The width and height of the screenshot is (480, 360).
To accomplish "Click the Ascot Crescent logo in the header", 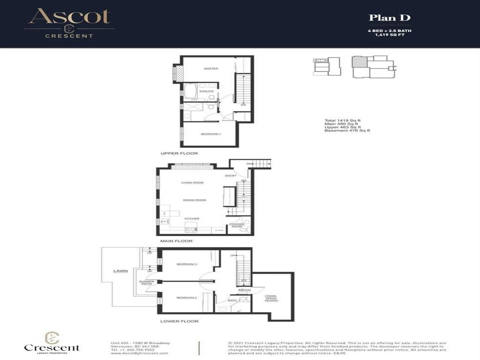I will click(69, 22).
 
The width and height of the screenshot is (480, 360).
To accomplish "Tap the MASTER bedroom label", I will click(211, 69).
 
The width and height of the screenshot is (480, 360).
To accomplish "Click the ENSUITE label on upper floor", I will click(207, 91).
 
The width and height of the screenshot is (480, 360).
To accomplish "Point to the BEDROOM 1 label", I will click(210, 134).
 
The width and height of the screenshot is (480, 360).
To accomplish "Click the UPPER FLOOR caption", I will click(179, 153).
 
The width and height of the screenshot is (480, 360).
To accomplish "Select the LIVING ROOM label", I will click(192, 182).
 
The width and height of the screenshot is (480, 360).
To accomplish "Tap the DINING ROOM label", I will click(195, 200).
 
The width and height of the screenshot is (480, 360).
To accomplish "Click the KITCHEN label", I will click(192, 218).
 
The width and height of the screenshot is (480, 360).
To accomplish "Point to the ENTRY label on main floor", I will click(230, 176).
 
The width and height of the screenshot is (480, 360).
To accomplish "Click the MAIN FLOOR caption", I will click(176, 241).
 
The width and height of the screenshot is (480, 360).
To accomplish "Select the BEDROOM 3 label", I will click(187, 264).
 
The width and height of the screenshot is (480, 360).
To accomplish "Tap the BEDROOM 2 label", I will click(187, 298).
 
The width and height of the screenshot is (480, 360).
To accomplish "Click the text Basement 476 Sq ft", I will click(347, 130).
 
